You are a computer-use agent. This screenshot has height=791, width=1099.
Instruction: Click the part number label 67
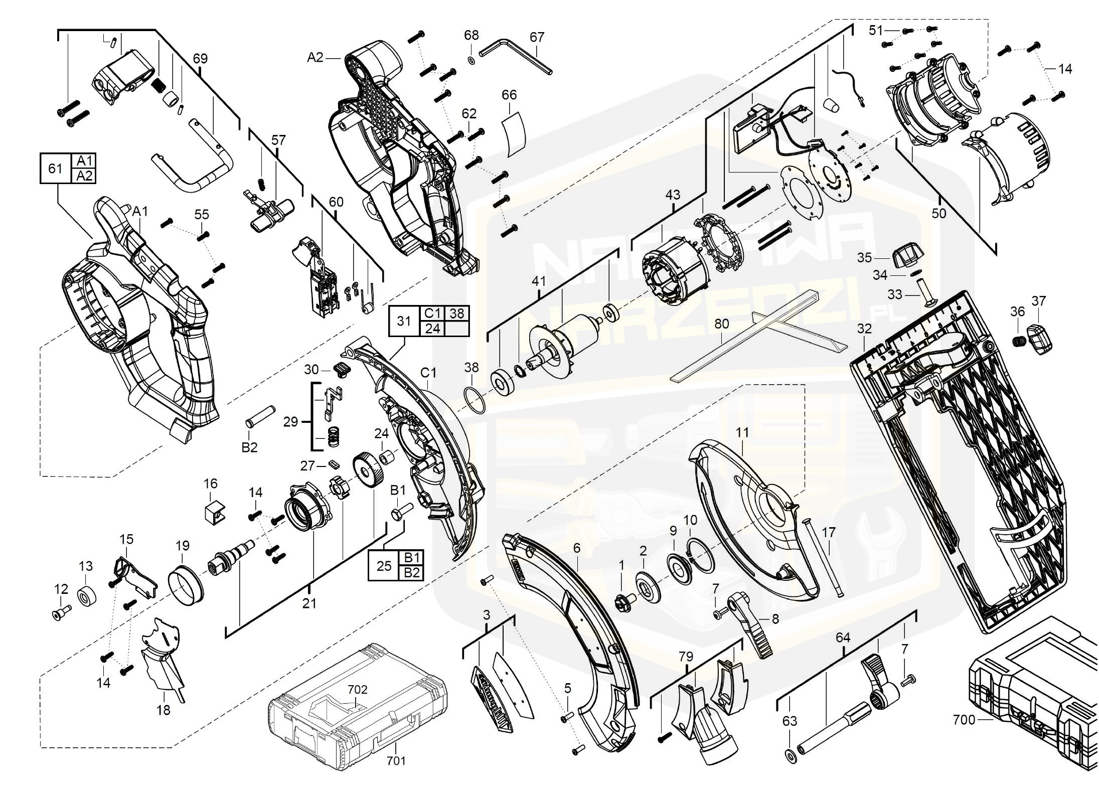537,37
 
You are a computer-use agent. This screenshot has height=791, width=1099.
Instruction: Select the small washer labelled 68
472,61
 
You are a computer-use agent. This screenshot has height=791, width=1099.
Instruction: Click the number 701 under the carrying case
396,761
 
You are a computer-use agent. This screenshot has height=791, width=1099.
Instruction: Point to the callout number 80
721,325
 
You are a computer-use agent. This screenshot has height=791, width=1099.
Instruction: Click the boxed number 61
55,168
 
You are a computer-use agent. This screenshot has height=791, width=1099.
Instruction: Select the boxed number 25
384,566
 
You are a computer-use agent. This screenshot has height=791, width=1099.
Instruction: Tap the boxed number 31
404,321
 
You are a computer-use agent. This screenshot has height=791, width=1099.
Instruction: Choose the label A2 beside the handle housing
315,58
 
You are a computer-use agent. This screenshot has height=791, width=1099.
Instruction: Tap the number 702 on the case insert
357,690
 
